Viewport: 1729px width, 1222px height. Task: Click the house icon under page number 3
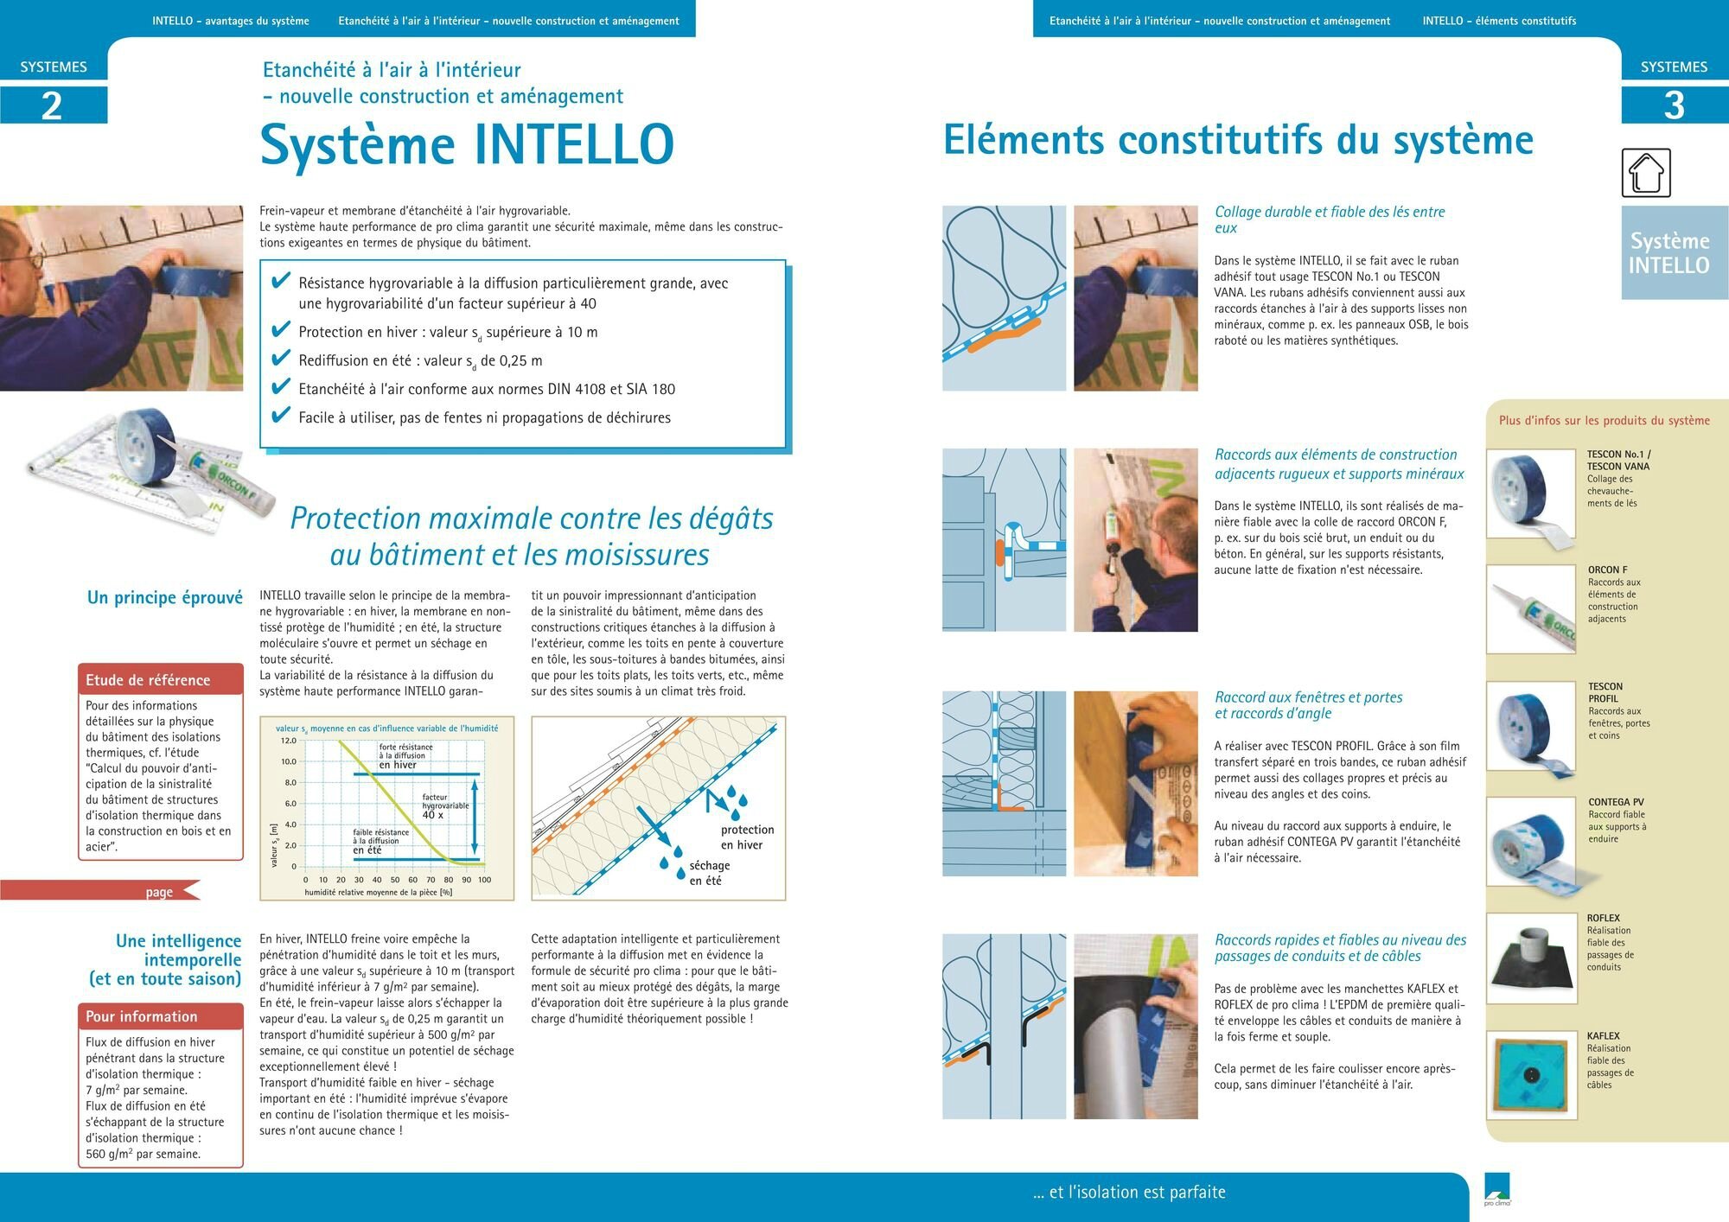(x=1646, y=173)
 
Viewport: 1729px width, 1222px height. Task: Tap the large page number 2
(x=52, y=105)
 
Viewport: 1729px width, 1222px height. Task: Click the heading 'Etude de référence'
(x=148, y=680)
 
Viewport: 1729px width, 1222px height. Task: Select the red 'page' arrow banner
(x=159, y=892)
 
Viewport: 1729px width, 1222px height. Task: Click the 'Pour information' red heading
(x=142, y=1016)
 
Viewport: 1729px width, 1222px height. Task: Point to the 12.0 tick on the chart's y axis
(x=288, y=741)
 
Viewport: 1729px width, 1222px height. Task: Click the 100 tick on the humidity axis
(x=484, y=880)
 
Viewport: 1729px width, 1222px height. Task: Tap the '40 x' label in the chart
(x=432, y=815)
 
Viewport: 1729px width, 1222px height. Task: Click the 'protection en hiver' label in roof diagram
(x=747, y=837)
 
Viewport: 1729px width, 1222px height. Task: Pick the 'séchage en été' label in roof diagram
(x=709, y=873)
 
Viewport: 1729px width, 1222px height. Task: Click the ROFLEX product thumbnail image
(x=1531, y=956)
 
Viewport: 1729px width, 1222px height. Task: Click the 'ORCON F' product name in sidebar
(x=1607, y=570)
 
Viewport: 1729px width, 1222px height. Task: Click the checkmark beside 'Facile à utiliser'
(x=280, y=416)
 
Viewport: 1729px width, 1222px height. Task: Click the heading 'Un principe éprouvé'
(x=164, y=597)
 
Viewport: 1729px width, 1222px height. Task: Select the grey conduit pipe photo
(x=1135, y=1027)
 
